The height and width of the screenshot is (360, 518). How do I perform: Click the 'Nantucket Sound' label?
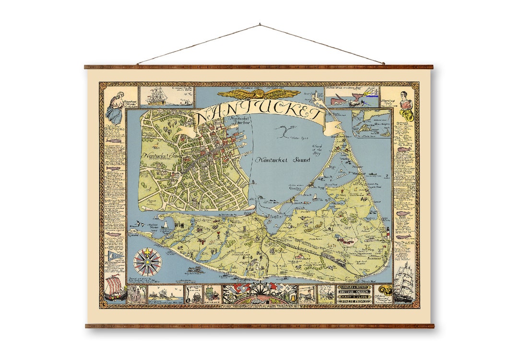[283, 160]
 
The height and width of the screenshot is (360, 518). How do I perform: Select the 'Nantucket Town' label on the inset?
[160, 156]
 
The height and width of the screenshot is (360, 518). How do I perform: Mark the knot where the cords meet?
[259, 24]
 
